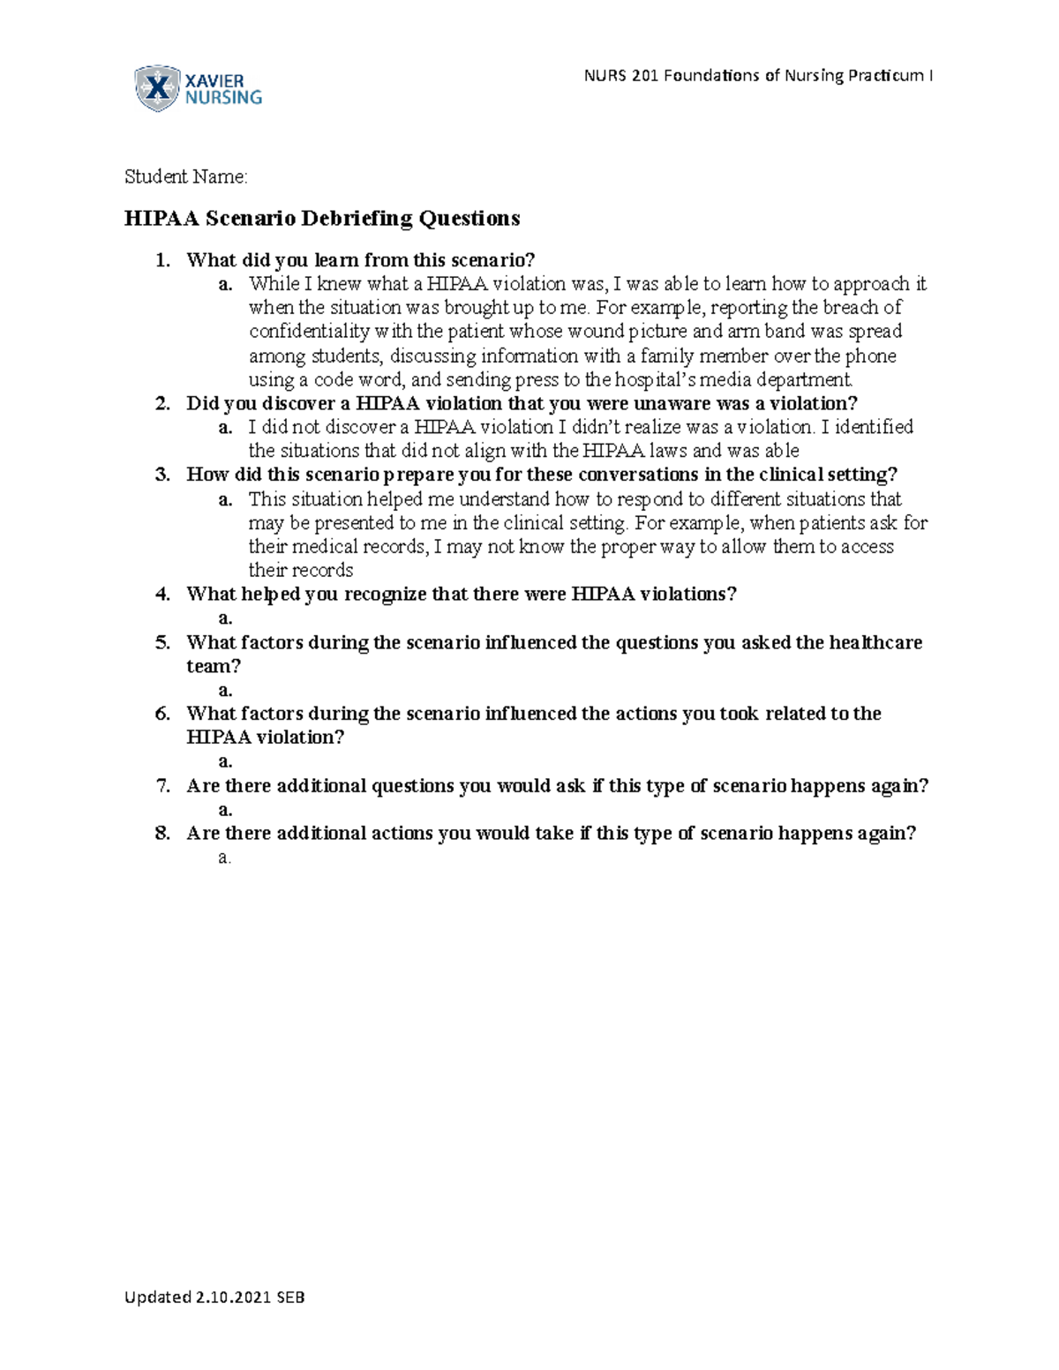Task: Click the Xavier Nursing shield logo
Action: point(156,88)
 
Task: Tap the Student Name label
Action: point(185,177)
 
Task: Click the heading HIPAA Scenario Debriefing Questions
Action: point(322,218)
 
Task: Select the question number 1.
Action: point(160,260)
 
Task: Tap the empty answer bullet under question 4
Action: point(225,618)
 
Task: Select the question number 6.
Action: point(161,714)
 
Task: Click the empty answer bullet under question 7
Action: point(225,810)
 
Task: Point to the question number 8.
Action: point(161,834)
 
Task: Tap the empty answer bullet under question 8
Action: point(224,857)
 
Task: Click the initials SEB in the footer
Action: point(291,1297)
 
